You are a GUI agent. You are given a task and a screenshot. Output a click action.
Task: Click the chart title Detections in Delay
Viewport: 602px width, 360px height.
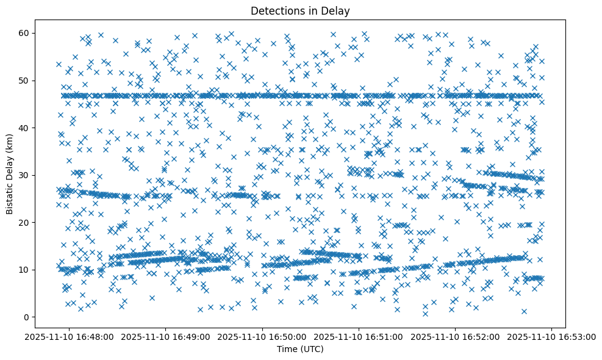coord(300,10)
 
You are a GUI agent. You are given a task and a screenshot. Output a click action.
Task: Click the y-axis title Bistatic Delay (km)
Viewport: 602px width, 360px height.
coord(10,174)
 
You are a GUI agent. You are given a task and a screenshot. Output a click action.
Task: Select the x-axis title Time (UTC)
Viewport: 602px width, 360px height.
coord(300,350)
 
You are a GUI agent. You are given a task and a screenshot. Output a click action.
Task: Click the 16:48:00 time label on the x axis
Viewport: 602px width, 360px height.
coord(69,336)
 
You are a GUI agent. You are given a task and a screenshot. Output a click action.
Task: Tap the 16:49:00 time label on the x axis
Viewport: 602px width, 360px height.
coord(166,336)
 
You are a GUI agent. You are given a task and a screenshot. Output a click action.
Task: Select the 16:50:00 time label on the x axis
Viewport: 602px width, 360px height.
coord(262,336)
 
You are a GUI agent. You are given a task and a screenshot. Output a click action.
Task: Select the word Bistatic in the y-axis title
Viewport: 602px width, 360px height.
coord(10,199)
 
